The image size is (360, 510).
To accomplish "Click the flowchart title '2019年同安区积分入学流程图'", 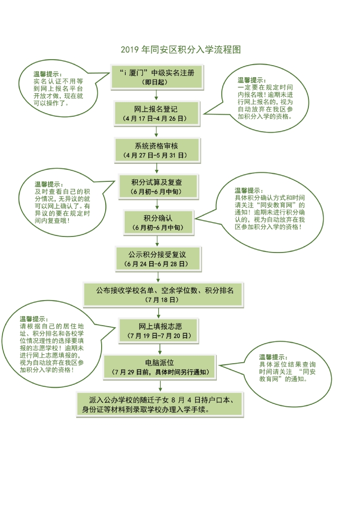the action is (x=180, y=50).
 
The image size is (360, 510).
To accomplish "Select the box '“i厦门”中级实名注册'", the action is (x=157, y=77).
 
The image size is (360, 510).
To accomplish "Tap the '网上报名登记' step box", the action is (x=156, y=114).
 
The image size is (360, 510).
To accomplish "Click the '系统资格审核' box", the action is (x=157, y=150).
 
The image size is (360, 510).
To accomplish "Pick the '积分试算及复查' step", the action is (x=158, y=187).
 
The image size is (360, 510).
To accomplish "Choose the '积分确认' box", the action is (x=158, y=222).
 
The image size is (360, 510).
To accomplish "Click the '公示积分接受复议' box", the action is (x=158, y=259).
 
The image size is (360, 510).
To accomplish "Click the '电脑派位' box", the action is (x=160, y=367).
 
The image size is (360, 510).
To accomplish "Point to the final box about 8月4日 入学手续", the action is (x=160, y=405).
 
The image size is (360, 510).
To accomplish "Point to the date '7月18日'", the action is (x=162, y=300).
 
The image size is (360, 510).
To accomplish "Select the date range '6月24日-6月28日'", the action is (x=156, y=264).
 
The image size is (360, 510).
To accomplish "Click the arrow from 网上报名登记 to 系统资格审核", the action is (x=156, y=132).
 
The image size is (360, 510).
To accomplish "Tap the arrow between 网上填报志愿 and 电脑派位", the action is (x=160, y=349).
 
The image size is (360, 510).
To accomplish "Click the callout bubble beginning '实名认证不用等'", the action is (x=59, y=89).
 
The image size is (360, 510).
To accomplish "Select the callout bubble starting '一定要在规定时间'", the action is (x=260, y=99).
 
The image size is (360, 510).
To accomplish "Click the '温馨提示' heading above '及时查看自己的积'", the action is (x=49, y=184).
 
